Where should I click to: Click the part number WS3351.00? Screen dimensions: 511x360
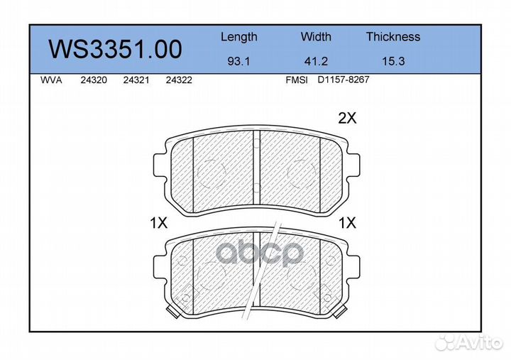[x=115, y=49]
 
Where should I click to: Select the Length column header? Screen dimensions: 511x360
[x=239, y=38]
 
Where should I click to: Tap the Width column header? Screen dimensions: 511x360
[x=316, y=36]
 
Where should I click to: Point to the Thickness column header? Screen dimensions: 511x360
[x=393, y=36]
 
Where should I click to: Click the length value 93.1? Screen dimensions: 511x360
[x=238, y=61]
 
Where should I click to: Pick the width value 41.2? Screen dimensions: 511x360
[x=316, y=61]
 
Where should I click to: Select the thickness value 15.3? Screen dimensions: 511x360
[x=393, y=61]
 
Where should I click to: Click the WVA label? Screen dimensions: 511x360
[x=51, y=80]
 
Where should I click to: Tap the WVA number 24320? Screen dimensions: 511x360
[x=94, y=80]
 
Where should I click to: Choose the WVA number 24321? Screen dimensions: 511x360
[x=136, y=80]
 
